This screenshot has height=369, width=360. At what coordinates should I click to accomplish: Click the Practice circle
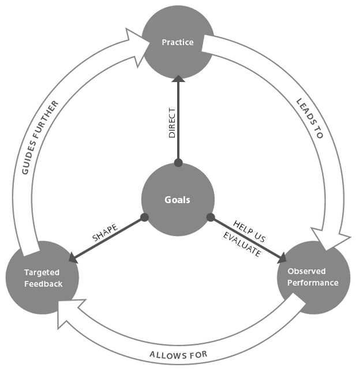point(178,43)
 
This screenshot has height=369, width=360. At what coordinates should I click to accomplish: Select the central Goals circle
point(178,200)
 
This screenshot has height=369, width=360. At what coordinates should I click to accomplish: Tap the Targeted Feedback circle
point(42,277)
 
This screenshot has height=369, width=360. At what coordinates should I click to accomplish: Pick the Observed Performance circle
point(314,277)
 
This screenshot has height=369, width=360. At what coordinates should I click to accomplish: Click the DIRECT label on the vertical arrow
point(172,122)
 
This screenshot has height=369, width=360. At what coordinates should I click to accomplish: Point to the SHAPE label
point(105,232)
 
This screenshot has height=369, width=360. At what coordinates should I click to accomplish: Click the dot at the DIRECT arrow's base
point(178,163)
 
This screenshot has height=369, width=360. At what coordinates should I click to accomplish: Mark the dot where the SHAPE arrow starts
point(144,218)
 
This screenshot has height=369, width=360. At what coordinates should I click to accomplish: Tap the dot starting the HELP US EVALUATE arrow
point(211,218)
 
